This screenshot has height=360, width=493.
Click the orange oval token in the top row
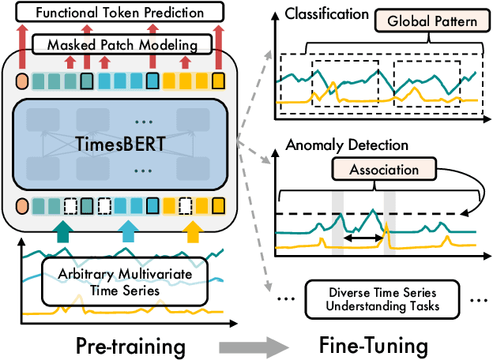tap(21, 81)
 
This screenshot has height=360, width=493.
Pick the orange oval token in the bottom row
tap(21, 208)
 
